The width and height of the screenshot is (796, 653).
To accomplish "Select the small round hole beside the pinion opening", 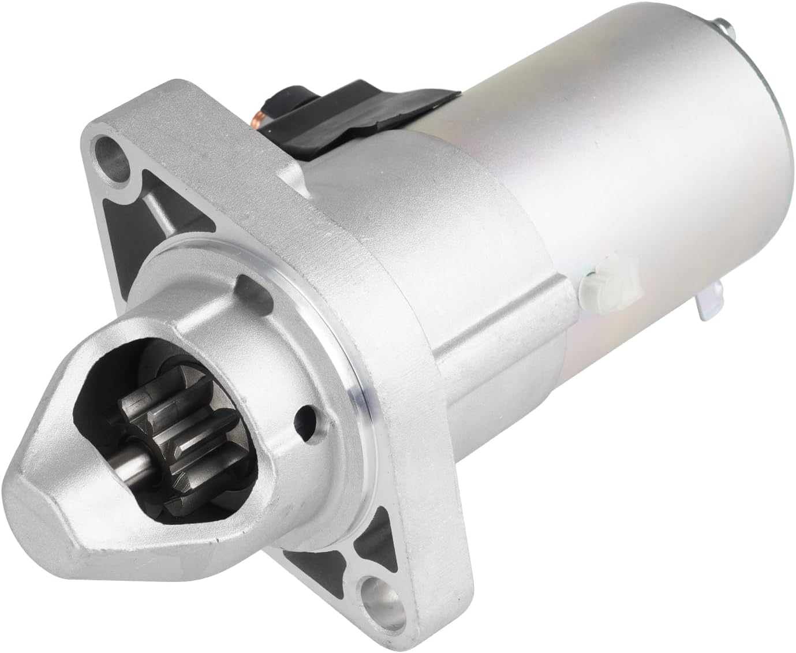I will coord(302,415).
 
